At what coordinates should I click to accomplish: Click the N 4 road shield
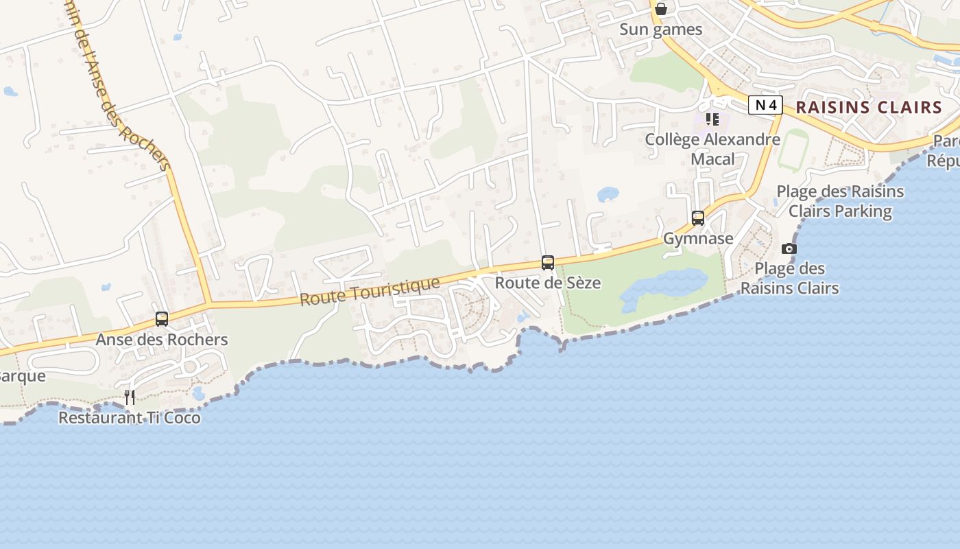[x=765, y=105]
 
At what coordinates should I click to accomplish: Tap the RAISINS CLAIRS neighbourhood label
[x=869, y=107]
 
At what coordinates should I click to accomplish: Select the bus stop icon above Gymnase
[x=698, y=218]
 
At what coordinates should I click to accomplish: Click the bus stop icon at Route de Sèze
[x=547, y=262]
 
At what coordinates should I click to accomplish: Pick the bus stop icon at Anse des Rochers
[x=162, y=318]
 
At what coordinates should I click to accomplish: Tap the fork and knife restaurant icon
[x=129, y=397]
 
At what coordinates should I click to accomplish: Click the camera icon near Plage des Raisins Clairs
[x=789, y=248]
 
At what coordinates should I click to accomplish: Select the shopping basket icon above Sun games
[x=661, y=9]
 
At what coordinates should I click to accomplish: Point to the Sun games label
[x=661, y=30]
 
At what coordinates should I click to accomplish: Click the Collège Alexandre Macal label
[x=712, y=149]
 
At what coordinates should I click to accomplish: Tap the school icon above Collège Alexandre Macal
[x=712, y=119]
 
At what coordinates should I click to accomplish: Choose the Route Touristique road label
[x=370, y=292]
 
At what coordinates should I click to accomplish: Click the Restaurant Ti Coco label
[x=130, y=417]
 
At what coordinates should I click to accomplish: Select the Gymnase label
[x=698, y=239]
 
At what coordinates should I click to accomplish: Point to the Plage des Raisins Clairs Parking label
[x=840, y=201]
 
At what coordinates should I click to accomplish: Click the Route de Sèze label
[x=548, y=283]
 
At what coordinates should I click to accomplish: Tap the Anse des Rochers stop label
[x=162, y=340]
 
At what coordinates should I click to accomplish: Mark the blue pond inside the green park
[x=662, y=286]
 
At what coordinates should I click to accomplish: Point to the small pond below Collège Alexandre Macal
[x=608, y=194]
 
